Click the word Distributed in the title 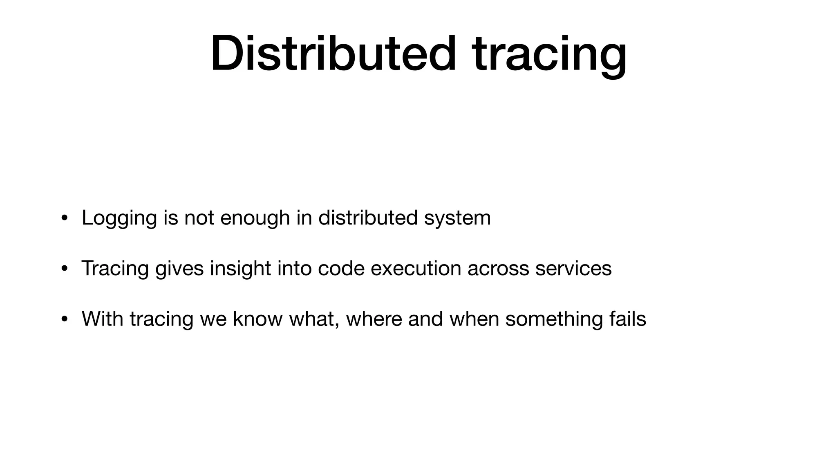tap(333, 54)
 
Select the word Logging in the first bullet tap(119, 218)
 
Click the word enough tap(255, 218)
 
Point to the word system tap(457, 218)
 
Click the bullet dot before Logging tap(64, 218)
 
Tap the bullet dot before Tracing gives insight tap(64, 269)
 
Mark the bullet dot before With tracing tap(64, 319)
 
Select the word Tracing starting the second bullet tap(115, 269)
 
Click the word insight tap(240, 268)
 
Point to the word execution tap(416, 268)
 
